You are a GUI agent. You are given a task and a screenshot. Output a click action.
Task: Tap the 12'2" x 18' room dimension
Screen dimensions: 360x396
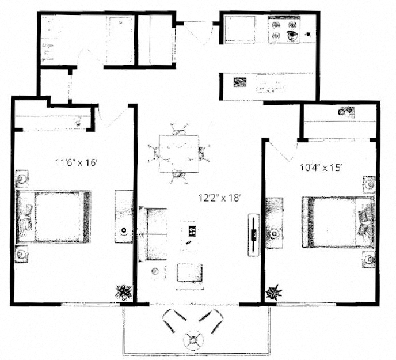[219, 198]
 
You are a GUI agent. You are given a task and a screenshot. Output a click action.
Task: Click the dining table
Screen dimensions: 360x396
[179, 153]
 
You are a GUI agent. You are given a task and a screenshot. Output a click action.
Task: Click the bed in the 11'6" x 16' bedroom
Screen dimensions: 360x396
[55, 216]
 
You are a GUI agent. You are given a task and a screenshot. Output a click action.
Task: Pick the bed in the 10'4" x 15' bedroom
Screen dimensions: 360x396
[337, 222]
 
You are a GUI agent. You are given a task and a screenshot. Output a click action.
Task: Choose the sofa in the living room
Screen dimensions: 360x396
[151, 234]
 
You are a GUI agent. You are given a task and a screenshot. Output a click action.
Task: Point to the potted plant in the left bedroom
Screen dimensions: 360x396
[123, 292]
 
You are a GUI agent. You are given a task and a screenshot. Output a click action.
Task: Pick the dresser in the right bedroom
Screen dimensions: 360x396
[275, 225]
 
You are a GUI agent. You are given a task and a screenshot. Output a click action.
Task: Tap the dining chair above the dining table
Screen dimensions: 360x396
[180, 129]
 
